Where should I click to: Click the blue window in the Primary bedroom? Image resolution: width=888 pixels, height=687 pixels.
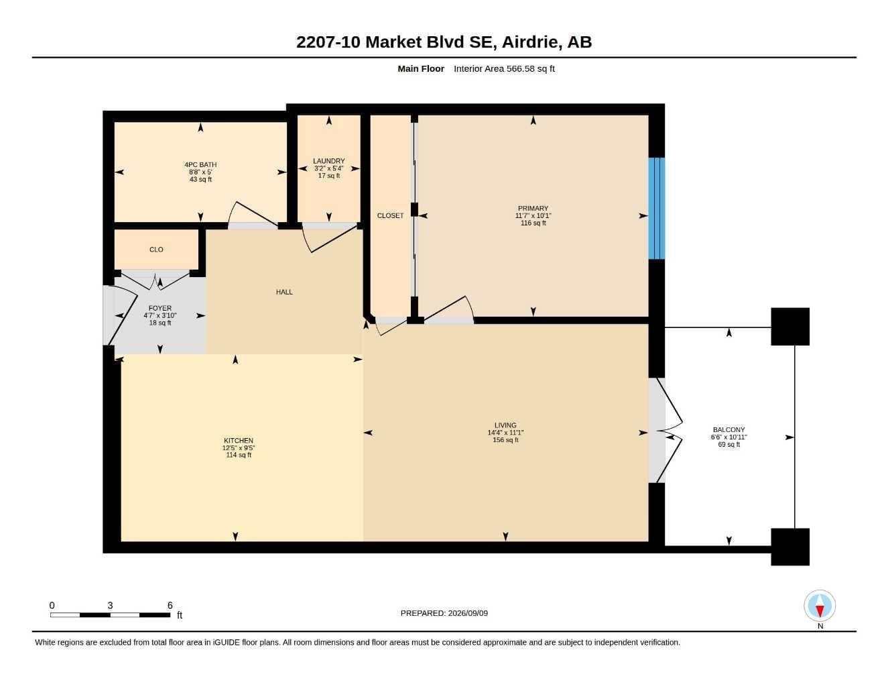[x=656, y=208]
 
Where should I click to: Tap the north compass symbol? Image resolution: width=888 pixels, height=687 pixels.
[x=820, y=606]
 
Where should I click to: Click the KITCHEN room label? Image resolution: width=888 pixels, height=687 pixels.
[x=238, y=440]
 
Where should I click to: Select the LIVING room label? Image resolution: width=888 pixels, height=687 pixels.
[x=505, y=425]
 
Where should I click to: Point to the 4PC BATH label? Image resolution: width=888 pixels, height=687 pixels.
[x=200, y=165]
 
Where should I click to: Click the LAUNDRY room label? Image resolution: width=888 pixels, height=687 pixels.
[x=328, y=161]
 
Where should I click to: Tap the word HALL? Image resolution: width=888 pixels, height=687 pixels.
[x=284, y=292]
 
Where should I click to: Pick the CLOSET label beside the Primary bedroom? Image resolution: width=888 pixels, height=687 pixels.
[x=390, y=215]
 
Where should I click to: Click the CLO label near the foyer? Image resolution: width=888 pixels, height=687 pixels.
[x=156, y=250]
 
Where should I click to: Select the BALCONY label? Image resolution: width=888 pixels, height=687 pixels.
[x=728, y=430]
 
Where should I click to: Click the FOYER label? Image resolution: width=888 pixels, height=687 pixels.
[x=160, y=309]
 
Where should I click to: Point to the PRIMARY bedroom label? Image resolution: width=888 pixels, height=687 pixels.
[x=533, y=209]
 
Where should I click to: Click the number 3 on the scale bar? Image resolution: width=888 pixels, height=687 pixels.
[x=110, y=606]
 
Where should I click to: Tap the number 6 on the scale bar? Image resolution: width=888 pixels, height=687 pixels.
[x=170, y=606]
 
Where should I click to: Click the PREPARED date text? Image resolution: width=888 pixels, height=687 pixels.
[x=444, y=613]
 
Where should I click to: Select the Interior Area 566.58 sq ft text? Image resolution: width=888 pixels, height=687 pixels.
[x=504, y=68]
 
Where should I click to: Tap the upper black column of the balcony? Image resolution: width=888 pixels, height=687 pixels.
[x=790, y=327]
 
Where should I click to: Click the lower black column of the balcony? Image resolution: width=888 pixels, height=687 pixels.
[x=790, y=547]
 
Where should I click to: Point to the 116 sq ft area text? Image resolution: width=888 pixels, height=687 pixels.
[x=533, y=223]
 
